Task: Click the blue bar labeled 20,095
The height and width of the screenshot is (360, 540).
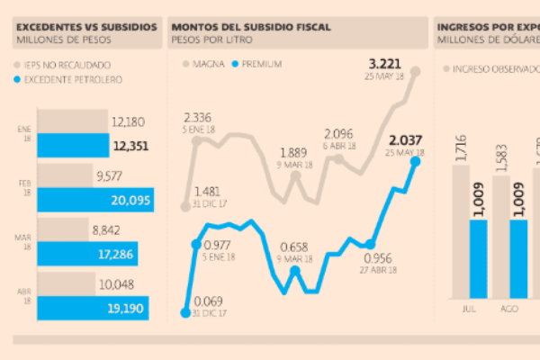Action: tap(94, 199)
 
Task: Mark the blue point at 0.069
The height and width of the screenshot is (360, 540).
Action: tap(185, 312)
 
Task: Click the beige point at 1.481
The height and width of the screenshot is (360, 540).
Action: tap(185, 206)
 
